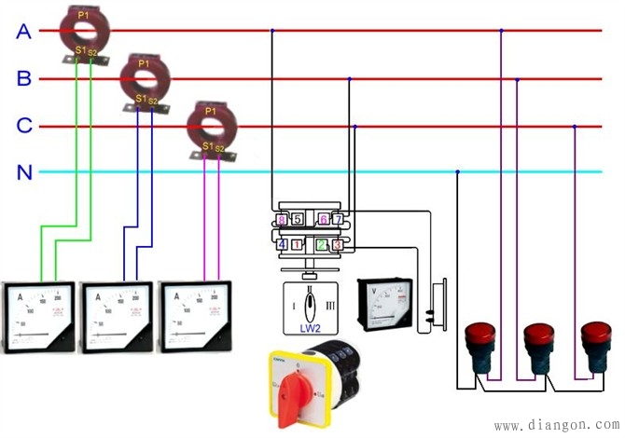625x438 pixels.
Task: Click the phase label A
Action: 24,32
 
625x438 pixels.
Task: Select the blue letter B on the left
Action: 24,79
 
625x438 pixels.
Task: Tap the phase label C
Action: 24,126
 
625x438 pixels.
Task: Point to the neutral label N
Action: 24,171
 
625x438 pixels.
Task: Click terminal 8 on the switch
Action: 282,220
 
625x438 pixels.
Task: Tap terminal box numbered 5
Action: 297,220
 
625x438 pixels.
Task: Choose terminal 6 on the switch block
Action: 323,220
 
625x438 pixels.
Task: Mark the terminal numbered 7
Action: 338,220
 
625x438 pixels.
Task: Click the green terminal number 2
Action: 321,245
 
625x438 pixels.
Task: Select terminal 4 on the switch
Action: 282,245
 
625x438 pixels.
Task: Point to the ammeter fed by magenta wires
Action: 198,315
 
